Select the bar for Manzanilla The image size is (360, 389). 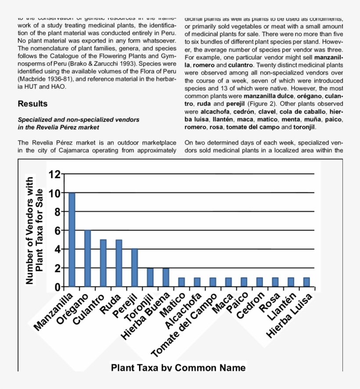point(72,240)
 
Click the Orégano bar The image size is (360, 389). point(87,258)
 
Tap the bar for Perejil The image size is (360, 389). point(135,267)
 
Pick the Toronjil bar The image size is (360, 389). point(150,277)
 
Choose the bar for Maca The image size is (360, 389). point(229,282)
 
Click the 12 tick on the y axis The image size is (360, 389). point(54,175)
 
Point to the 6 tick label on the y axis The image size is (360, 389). point(56,231)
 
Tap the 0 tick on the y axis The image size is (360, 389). point(56,287)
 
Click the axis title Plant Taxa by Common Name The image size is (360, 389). point(178,367)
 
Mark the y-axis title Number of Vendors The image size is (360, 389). point(30,230)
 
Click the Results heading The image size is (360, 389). point(32,104)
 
